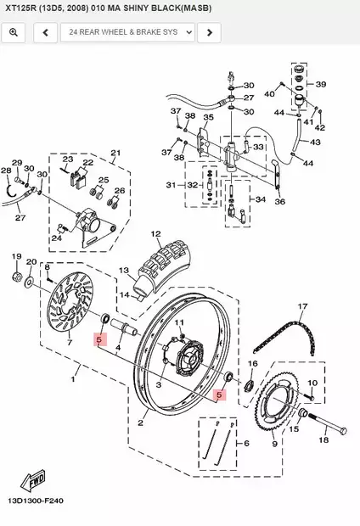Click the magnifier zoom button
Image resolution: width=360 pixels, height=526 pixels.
point(14,33)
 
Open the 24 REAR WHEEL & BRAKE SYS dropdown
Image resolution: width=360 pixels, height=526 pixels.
point(127,33)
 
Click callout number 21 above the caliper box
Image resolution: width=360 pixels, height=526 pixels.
point(116,153)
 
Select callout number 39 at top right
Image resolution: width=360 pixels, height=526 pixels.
point(321,85)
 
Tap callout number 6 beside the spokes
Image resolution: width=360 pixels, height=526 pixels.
point(246,443)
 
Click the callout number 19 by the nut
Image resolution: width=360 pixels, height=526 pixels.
point(15,255)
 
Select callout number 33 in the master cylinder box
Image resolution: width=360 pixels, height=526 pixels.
point(258,147)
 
